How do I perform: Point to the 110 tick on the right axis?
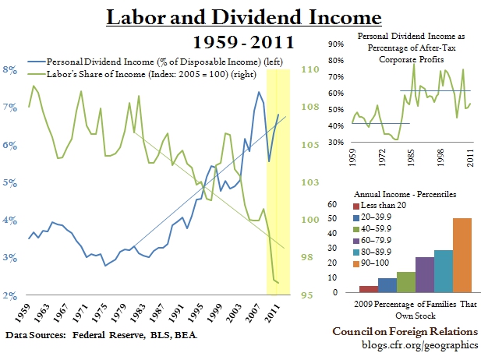(x=309, y=69)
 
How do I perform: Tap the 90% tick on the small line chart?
(x=336, y=44)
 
